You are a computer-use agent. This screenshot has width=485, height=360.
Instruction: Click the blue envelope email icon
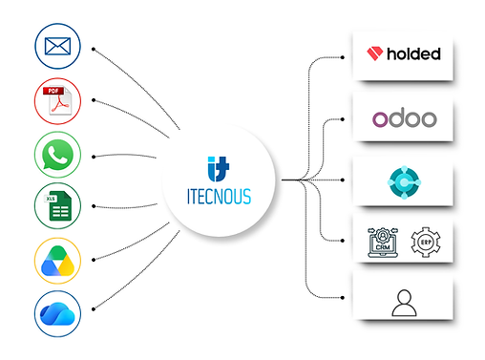tap(57, 46)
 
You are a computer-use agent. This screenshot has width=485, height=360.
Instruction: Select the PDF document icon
tap(57, 100)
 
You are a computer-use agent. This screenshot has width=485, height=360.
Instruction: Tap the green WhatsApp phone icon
tap(57, 155)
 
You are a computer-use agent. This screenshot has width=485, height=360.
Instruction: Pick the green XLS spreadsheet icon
tap(57, 205)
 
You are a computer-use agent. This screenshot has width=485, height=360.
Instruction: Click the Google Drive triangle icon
tap(57, 261)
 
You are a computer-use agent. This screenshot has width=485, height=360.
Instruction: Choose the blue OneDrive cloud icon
tap(57, 313)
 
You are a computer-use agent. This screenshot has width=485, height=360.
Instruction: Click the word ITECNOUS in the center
tap(219, 197)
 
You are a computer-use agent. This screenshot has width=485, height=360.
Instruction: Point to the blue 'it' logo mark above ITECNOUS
tap(219, 169)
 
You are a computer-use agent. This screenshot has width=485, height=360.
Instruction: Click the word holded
tap(413, 53)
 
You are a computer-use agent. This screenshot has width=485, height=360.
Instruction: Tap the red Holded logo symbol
tap(375, 53)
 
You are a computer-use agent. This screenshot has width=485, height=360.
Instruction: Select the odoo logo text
tap(405, 117)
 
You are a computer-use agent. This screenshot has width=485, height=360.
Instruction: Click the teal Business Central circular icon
tap(404, 182)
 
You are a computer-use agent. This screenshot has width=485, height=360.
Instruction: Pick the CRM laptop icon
tap(383, 243)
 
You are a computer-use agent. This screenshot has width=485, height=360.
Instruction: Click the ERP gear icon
tap(426, 243)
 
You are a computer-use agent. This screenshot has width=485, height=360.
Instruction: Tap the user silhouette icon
tap(404, 303)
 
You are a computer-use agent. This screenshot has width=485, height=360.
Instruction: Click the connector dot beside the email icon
tap(94, 49)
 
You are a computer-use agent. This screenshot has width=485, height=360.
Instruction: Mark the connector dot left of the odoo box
tap(343, 119)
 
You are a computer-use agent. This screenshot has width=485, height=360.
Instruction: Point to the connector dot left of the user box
tap(343, 298)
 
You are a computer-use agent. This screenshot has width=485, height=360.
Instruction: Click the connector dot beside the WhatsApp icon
tap(94, 157)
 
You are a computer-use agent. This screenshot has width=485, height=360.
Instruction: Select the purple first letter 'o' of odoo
tap(380, 119)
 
